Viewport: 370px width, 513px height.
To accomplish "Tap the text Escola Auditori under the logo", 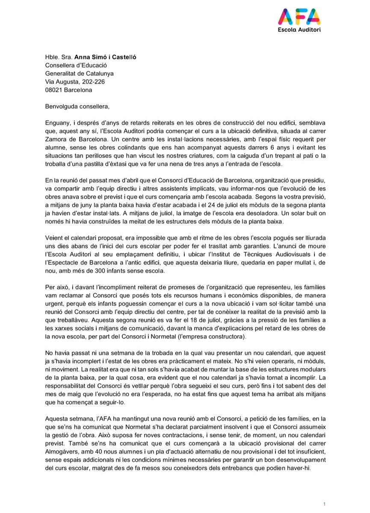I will [299, 30].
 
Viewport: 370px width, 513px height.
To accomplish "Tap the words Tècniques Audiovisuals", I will [271, 255].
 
